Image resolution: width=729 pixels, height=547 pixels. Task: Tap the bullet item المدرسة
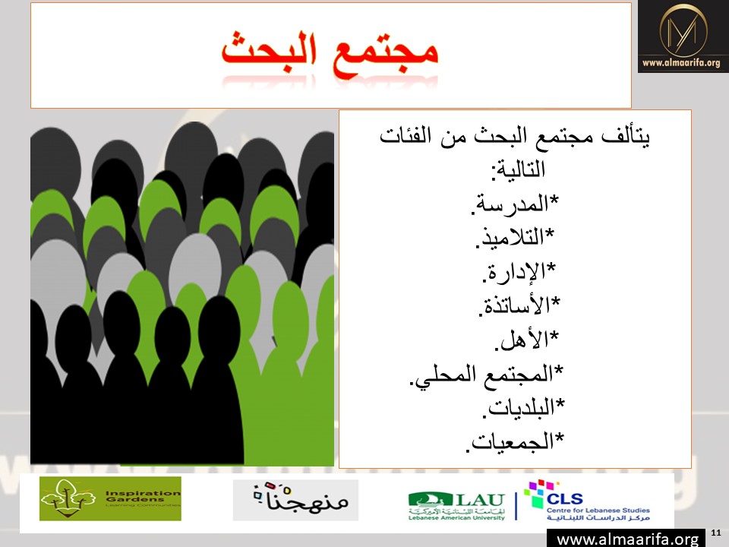(x=515, y=204)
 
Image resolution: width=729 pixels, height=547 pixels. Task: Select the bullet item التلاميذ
(x=515, y=237)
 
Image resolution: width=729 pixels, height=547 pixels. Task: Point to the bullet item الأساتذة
(x=519, y=305)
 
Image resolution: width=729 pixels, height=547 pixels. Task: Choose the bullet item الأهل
(x=526, y=339)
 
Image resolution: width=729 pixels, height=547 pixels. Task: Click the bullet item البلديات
(x=523, y=407)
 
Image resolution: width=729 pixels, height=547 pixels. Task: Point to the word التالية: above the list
(x=518, y=169)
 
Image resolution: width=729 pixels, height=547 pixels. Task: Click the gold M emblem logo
(x=683, y=30)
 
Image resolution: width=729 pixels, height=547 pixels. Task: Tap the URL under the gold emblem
(x=681, y=63)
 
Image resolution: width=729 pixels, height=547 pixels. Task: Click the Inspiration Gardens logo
(x=110, y=498)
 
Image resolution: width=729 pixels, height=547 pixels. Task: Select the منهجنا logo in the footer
(x=295, y=500)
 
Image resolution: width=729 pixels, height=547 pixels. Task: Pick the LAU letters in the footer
(x=480, y=500)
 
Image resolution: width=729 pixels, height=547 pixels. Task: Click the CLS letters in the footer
(x=564, y=498)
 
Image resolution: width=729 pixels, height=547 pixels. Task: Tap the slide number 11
(x=716, y=533)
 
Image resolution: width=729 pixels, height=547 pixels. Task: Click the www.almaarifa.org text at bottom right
(x=627, y=539)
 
